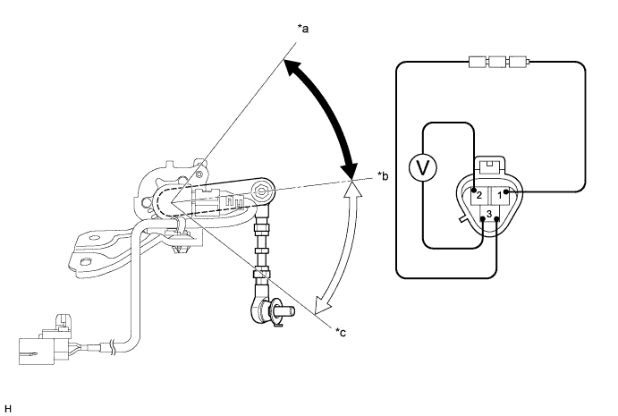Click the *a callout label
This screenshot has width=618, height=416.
302,29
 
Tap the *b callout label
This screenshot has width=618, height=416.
383,176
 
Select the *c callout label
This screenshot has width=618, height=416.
341,333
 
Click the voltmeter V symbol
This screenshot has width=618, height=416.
423,167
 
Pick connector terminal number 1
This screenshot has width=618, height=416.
500,195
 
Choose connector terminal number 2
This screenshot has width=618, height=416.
478,195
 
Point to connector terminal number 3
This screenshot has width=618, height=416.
489,214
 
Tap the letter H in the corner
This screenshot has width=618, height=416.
8,409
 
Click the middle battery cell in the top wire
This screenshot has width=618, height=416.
497,62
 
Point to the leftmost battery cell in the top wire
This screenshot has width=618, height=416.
478,62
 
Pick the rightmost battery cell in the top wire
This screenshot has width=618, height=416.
518,62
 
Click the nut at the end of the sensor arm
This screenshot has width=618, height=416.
260,191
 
